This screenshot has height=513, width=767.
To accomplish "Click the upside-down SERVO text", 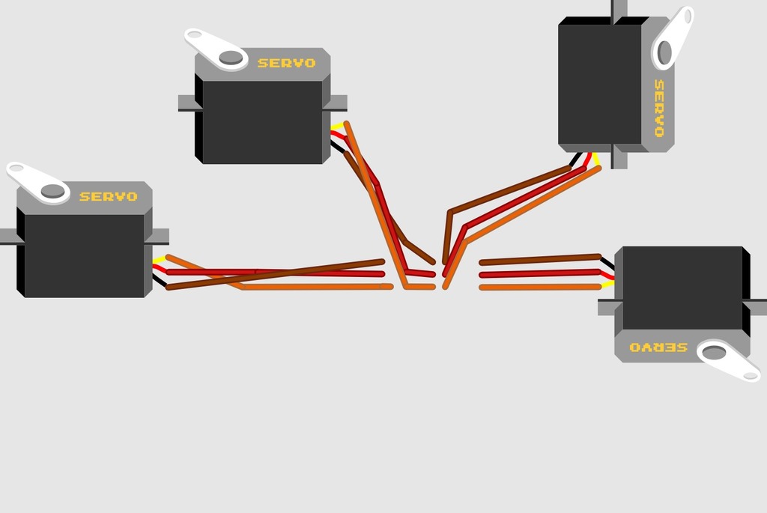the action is pyautogui.click(x=658, y=347).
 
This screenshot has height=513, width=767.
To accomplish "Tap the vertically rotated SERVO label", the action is pyautogui.click(x=659, y=108).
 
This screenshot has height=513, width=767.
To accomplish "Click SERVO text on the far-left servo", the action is pyautogui.click(x=108, y=197).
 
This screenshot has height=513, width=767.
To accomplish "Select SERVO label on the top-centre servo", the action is pyautogui.click(x=286, y=63).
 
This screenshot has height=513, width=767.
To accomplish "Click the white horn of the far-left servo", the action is pyautogui.click(x=38, y=183).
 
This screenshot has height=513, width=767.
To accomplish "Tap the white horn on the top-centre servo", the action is pyautogui.click(x=216, y=49).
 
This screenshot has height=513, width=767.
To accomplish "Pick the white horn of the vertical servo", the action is pyautogui.click(x=673, y=38).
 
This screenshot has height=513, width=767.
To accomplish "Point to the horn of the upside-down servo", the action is pyautogui.click(x=728, y=361).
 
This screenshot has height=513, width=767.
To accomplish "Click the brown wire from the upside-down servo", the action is pyautogui.click(x=540, y=260).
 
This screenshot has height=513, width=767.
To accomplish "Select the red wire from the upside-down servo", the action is pyautogui.click(x=540, y=273).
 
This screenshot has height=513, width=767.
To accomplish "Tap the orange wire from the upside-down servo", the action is pyautogui.click(x=540, y=287).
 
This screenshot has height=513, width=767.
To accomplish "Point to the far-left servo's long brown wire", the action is pyautogui.click(x=275, y=275).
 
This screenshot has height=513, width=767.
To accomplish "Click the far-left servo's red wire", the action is pyautogui.click(x=275, y=273).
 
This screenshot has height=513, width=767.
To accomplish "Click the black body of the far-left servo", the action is pyautogui.click(x=84, y=255).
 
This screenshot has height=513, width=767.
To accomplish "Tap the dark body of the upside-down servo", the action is pyautogui.click(x=682, y=288).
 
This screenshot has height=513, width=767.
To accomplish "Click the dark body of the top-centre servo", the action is pyautogui.click(x=262, y=122).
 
